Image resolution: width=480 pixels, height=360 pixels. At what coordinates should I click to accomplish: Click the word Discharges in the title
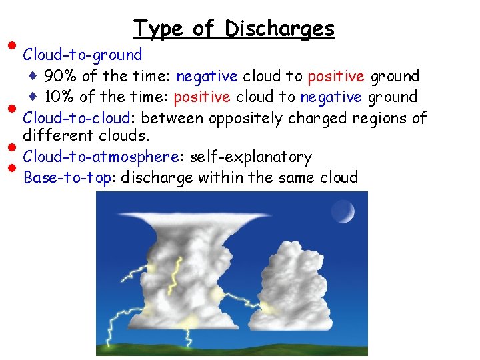(x=279, y=29)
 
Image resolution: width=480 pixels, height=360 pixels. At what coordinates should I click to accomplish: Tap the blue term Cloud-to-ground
(x=83, y=55)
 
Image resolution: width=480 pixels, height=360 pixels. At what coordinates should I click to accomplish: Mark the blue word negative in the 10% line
(x=329, y=97)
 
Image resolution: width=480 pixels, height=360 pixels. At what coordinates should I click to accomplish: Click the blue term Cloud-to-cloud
(x=79, y=118)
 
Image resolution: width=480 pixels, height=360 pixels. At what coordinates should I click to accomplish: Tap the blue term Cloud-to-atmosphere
(x=101, y=157)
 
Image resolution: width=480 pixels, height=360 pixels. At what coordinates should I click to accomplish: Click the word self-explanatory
(x=251, y=157)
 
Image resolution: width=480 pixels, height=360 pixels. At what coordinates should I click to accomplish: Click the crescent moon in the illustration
(x=345, y=213)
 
